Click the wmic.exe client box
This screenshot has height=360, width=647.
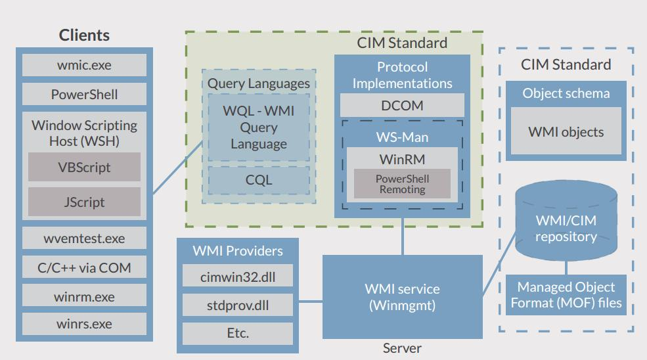[84, 66]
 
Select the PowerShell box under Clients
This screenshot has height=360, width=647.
[84, 95]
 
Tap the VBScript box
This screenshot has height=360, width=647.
[84, 167]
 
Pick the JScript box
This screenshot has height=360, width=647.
[84, 202]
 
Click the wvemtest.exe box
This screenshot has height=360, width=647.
[84, 238]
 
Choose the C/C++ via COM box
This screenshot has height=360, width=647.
[84, 267]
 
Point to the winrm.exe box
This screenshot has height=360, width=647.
[84, 297]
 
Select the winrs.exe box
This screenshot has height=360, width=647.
[84, 324]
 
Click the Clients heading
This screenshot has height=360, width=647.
[84, 35]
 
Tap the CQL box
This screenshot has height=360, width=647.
[258, 179]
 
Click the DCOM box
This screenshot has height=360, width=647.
[402, 105]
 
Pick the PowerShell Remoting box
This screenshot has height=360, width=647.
[402, 184]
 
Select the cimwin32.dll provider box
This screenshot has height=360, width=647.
[238, 277]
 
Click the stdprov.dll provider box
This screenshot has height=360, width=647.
[238, 305]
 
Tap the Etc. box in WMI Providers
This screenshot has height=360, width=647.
[238, 333]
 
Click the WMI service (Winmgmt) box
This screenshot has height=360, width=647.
[402, 296]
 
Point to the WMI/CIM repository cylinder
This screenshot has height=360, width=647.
[566, 227]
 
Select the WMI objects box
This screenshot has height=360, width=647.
[566, 131]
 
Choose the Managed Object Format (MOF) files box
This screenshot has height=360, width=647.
[566, 295]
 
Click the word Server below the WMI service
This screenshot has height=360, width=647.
[402, 348]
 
